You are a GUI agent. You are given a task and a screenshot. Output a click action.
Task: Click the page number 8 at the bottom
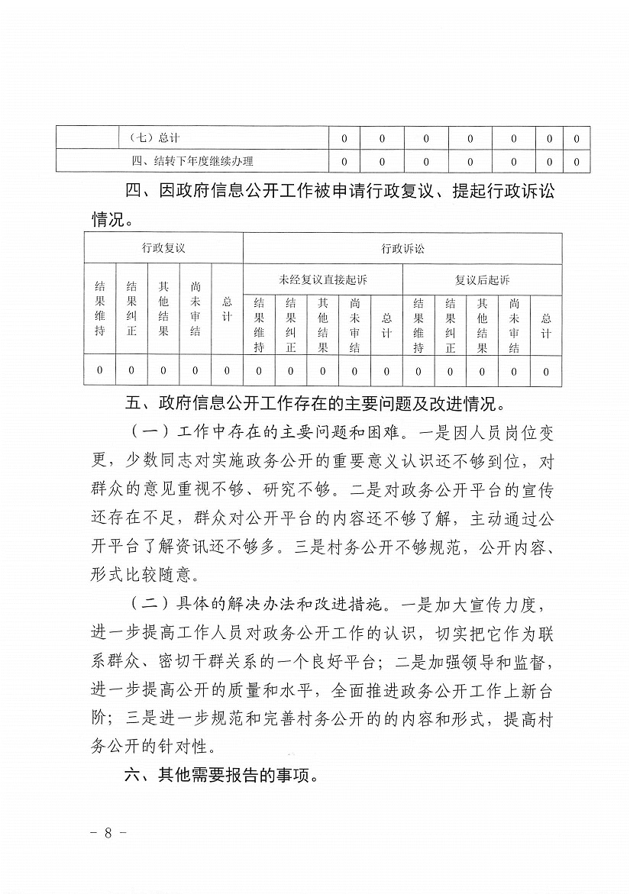click(108, 832)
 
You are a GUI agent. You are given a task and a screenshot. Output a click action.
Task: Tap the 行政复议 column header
click(163, 249)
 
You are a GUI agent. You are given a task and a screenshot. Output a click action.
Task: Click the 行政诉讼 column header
click(402, 249)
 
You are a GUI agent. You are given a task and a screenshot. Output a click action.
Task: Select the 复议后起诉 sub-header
click(482, 280)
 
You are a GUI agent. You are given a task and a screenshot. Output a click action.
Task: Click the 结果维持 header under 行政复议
click(100, 308)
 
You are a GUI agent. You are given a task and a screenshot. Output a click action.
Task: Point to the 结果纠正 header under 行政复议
click(131, 308)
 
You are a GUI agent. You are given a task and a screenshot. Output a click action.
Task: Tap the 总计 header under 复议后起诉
click(546, 325)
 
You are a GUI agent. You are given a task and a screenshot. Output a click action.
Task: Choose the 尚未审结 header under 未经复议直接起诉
click(354, 325)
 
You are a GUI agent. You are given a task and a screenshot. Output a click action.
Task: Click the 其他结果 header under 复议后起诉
click(482, 325)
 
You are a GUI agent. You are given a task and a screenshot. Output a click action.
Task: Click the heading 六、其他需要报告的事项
click(220, 776)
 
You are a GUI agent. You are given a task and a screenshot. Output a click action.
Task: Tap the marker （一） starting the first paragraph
click(147, 432)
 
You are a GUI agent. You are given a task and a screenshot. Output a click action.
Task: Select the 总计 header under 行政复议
click(227, 308)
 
